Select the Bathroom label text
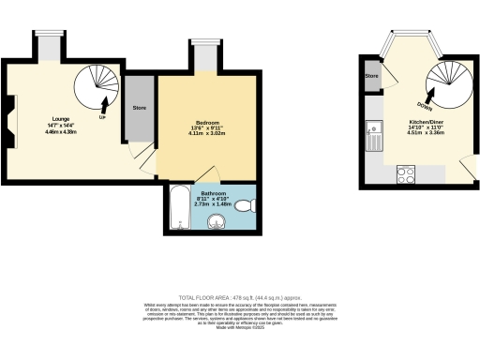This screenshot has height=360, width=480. coord(206,192)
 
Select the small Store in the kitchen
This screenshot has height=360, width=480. coord(371,76)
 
